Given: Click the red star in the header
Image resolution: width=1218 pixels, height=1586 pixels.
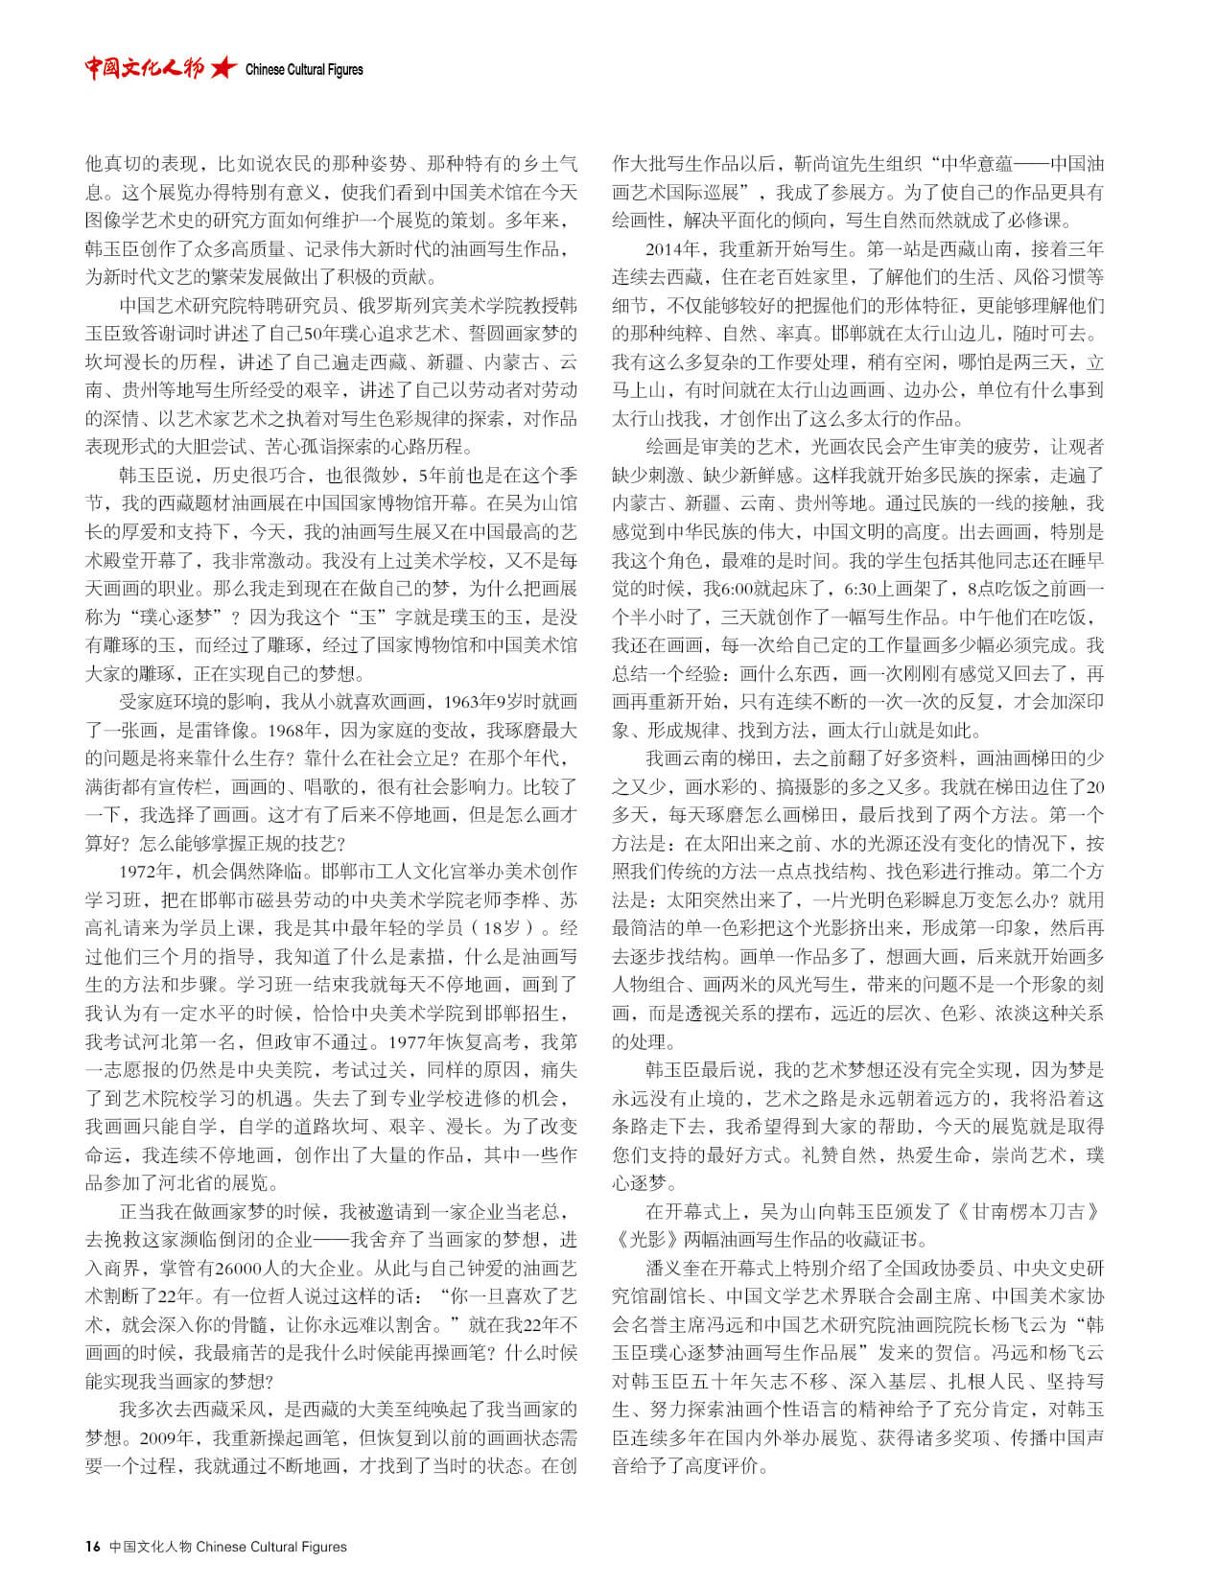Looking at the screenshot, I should (223, 67).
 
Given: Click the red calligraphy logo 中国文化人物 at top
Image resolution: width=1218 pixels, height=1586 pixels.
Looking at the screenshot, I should (144, 67).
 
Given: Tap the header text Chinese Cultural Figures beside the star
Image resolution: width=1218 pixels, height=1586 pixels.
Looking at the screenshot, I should (304, 70).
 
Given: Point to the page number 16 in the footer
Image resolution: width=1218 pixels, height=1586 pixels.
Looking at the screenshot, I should (92, 1546).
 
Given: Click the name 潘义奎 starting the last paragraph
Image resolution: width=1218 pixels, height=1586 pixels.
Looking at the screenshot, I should (671, 1268).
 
